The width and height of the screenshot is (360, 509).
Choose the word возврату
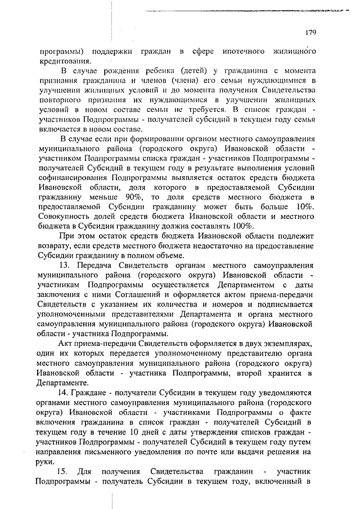pos(57,246)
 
